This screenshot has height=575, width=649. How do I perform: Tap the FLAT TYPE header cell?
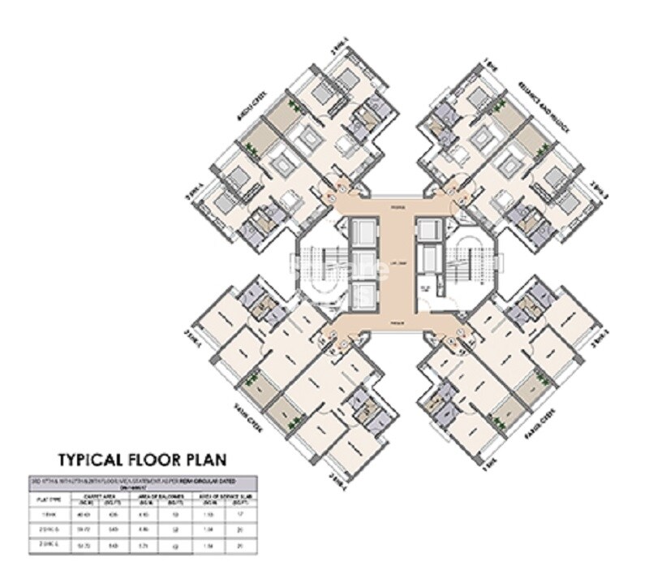pyautogui.click(x=44, y=499)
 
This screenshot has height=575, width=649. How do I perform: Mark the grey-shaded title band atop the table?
pyautogui.click(x=141, y=483)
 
